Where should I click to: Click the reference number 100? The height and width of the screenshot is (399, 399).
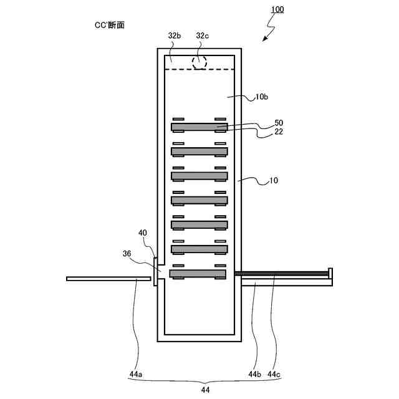pos(279,10)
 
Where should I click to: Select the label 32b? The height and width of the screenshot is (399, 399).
pos(175,36)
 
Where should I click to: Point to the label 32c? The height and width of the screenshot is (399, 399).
pos(203,36)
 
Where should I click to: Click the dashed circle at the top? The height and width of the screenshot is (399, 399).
pos(199,62)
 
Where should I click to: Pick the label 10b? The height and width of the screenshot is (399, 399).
pos(262,97)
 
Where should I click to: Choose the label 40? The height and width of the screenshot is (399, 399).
pos(143,233)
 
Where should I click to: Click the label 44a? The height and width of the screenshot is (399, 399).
pos(137,374)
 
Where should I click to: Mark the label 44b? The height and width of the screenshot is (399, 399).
pos(254,374)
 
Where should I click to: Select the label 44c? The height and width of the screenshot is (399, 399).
pos(275,374)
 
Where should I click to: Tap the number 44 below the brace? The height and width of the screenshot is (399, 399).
pos(205,390)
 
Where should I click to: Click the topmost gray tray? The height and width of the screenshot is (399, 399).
pos(199,127)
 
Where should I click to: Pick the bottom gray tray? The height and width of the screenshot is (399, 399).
pos(198,274)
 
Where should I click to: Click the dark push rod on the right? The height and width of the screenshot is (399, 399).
pos(281,274)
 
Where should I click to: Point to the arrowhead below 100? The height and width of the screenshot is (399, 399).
pos(265,39)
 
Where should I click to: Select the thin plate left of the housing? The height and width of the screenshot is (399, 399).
pos(109,279)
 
